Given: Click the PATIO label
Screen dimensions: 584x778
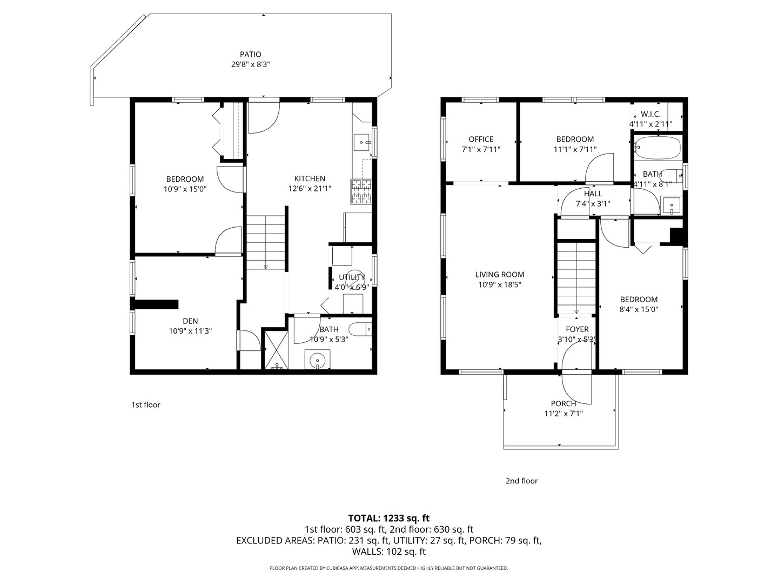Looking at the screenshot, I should click(250, 54).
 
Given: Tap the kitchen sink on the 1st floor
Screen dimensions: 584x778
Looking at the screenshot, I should click(361, 143).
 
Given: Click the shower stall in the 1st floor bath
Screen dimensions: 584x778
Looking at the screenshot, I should click(276, 350).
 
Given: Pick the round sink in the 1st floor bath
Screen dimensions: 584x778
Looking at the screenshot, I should click(317, 359).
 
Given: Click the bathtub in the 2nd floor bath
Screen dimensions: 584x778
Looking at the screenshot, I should click(657, 148).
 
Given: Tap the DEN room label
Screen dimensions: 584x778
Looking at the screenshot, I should click(190, 321).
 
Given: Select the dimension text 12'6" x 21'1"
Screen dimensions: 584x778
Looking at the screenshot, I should click(310, 189).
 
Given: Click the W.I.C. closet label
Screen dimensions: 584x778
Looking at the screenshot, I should click(650, 114).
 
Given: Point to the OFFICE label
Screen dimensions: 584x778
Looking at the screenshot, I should click(481, 139).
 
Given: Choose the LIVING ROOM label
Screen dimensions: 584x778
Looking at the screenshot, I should click(499, 274).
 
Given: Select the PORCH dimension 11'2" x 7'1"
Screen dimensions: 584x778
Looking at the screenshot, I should click(563, 414).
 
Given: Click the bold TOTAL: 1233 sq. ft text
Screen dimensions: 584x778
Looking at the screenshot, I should click(388, 518).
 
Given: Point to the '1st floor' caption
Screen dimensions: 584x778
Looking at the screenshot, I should click(146, 404).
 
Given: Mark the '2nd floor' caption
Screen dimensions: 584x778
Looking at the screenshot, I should click(521, 481).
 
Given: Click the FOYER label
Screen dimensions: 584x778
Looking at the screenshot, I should click(577, 329).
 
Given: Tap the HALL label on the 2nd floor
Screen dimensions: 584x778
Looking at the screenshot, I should click(593, 194).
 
